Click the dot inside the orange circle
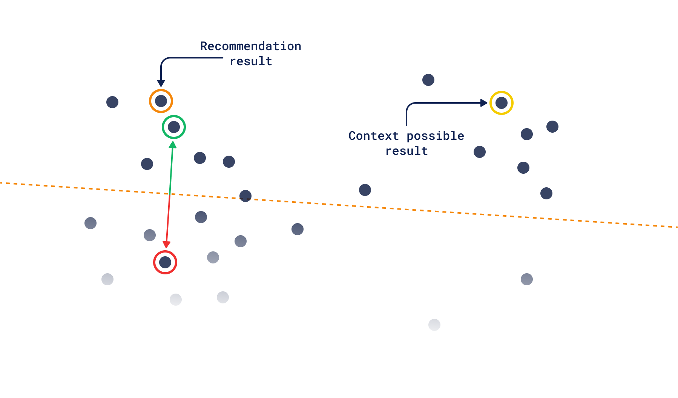coord(161,101)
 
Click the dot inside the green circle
coord(174,127)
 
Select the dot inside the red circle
coord(165,262)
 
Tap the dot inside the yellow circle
coord(502,103)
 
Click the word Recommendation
coord(250,46)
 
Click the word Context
coord(373,136)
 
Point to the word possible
coord(435,136)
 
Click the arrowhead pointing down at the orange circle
coord(161,83)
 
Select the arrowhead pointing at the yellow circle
coord(484,103)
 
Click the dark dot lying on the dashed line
coord(245,196)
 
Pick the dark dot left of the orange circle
coord(112,102)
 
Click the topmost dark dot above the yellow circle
coord(428,80)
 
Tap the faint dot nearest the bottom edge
coord(434,325)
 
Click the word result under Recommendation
coord(251,61)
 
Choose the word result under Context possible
coord(406,151)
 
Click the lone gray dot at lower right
coord(527,279)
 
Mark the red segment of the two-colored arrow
coord(169,219)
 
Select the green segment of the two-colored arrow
coord(172,170)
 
